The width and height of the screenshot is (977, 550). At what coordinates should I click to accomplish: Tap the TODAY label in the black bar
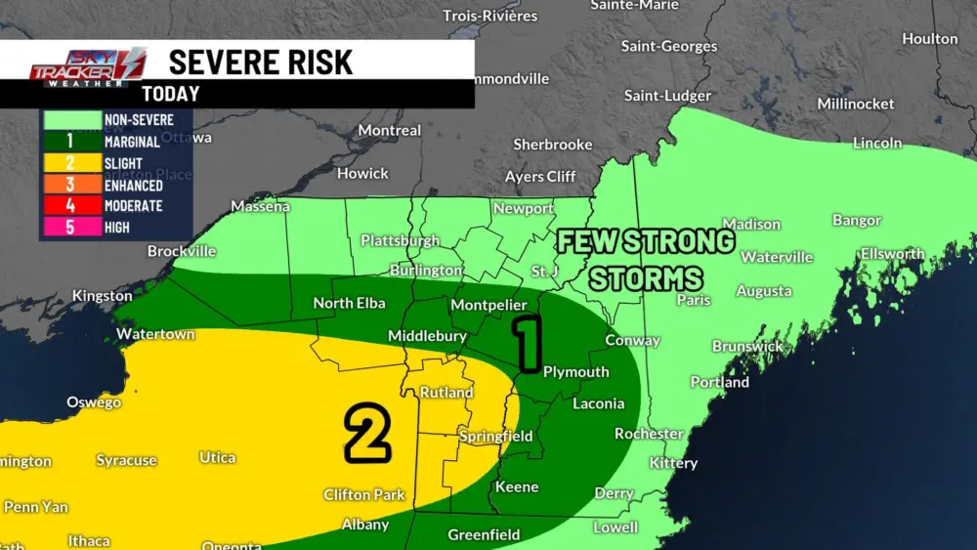(x=170, y=95)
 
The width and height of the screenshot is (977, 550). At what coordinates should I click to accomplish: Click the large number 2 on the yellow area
(x=366, y=434)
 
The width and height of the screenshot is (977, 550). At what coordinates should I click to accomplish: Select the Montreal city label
(x=390, y=130)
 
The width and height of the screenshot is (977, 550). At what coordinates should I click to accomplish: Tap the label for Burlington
(x=425, y=270)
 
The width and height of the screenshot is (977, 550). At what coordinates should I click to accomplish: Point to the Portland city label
(x=719, y=382)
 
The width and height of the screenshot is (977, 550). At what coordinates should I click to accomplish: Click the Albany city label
(x=364, y=525)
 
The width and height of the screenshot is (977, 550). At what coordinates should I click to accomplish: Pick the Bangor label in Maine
(x=856, y=220)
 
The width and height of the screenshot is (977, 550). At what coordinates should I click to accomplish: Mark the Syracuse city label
(x=126, y=460)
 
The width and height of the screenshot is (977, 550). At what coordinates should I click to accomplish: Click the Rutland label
(x=446, y=393)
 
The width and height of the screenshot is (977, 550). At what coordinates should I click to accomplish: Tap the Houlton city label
(x=929, y=39)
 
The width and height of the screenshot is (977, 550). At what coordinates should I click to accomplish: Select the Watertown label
(x=155, y=334)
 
